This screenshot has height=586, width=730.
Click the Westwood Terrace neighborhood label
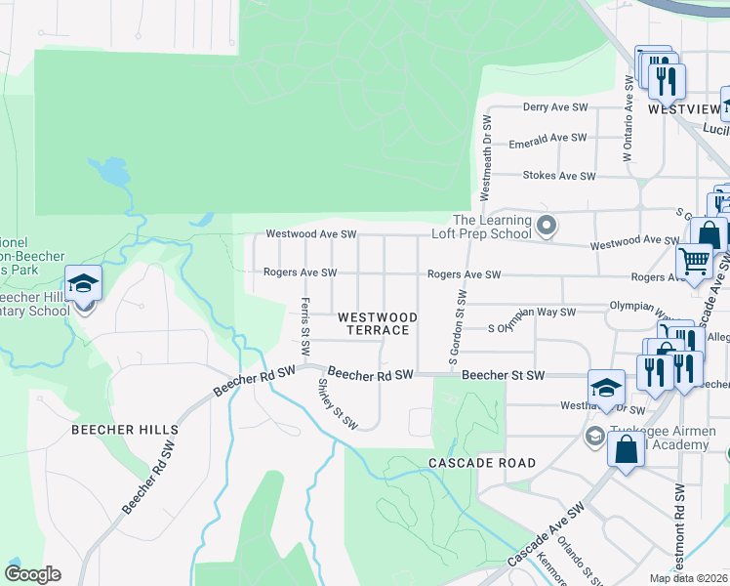(x=378, y=323)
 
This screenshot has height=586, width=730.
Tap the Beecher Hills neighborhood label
(x=124, y=429)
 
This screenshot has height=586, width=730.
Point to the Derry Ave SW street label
(x=555, y=106)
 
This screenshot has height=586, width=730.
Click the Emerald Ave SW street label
(x=547, y=139)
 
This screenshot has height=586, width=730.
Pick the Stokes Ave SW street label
(x=559, y=176)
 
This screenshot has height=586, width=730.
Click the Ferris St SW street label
(x=305, y=326)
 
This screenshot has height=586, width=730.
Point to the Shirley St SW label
(x=334, y=402)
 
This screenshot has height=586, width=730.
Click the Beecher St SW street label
(x=502, y=374)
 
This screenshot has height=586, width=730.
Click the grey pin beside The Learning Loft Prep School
(x=547, y=227)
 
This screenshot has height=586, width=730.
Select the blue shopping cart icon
(x=694, y=262)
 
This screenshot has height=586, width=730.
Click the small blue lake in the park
(x=113, y=173)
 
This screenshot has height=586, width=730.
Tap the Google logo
(x=32, y=574)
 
